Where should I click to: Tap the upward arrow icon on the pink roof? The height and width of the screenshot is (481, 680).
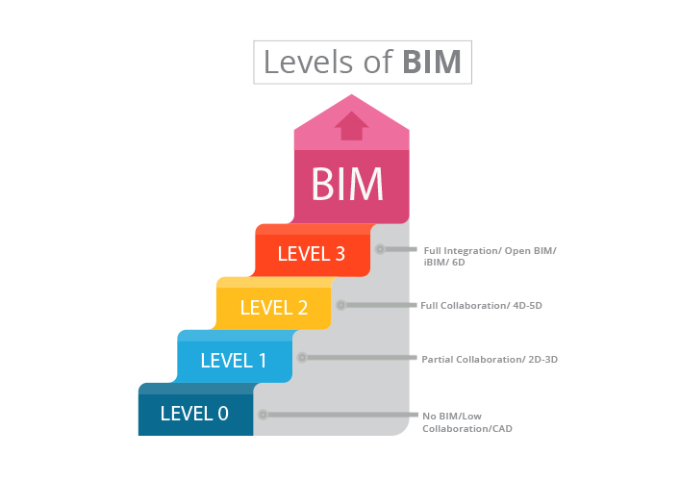click(351, 126)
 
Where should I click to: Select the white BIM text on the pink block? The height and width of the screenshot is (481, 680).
click(347, 183)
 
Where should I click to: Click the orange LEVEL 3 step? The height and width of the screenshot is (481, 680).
click(312, 254)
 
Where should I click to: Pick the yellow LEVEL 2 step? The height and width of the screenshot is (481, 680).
click(274, 308)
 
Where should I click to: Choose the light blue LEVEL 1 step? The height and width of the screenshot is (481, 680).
click(234, 361)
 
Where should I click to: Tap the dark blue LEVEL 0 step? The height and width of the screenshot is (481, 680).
click(194, 414)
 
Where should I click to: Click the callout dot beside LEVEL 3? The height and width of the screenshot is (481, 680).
click(380, 249)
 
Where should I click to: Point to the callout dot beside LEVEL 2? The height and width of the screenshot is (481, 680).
click(340, 305)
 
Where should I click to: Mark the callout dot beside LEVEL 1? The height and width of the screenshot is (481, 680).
click(301, 358)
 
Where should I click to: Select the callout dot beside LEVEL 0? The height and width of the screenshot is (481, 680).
click(263, 415)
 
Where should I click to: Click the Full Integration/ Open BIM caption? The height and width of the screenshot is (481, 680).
click(490, 256)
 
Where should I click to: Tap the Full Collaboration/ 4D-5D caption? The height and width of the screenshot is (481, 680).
click(481, 306)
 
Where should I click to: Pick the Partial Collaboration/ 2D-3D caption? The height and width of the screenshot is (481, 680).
click(490, 359)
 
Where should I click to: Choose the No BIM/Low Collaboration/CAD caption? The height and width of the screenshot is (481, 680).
click(466, 421)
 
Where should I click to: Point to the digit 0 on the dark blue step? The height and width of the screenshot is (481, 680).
click(222, 414)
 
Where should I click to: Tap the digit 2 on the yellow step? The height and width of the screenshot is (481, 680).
click(302, 308)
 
